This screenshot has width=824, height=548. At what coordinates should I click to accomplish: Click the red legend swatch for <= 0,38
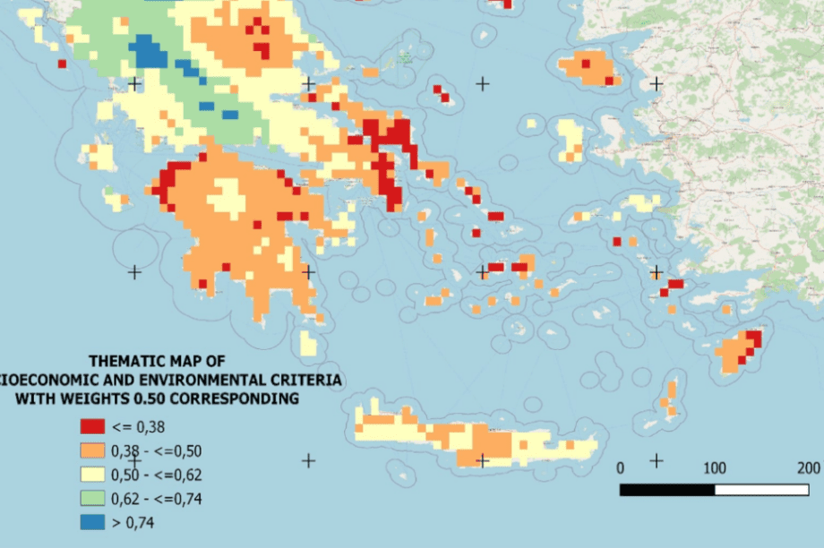[x=92, y=426]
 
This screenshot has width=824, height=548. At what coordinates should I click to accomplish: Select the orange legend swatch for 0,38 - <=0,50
[x=92, y=450]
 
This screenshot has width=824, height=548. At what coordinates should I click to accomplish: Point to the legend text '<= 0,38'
[x=139, y=426]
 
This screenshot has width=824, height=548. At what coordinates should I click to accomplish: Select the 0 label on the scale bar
[x=621, y=468]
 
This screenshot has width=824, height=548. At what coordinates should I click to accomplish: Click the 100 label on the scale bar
[x=715, y=468]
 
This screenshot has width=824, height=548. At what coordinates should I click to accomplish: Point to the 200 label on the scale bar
[x=808, y=468]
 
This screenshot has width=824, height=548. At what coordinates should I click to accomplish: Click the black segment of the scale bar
[x=667, y=490]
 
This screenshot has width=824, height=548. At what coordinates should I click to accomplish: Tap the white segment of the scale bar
[x=761, y=490]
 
